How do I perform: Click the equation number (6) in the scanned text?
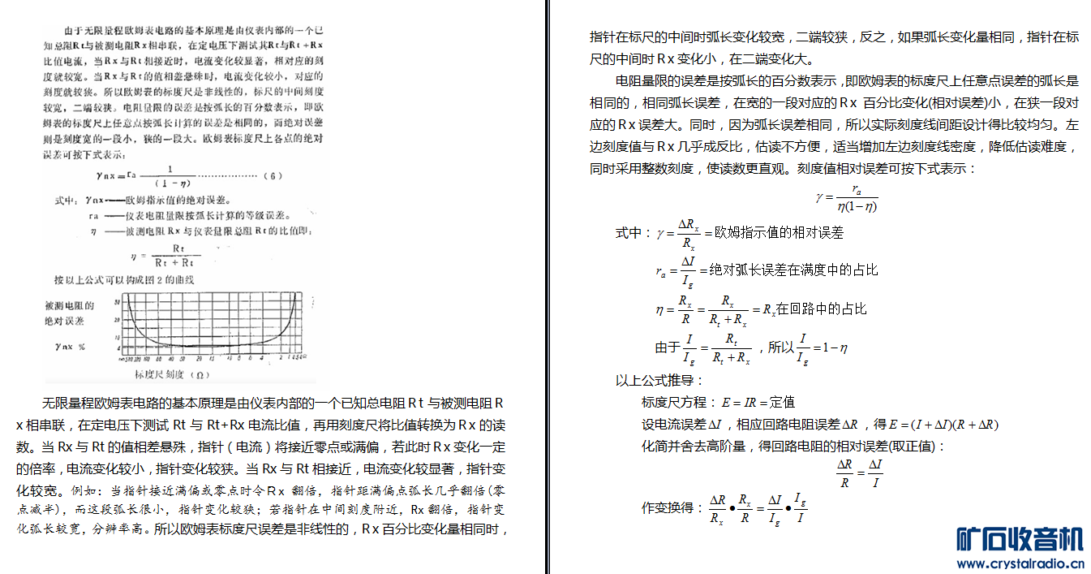(x=275, y=175)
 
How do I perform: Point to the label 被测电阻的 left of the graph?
(x=71, y=306)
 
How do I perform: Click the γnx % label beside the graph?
(x=71, y=346)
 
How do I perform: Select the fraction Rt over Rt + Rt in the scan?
(x=176, y=257)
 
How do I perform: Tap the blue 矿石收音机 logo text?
(x=1020, y=539)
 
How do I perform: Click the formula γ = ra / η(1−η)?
(x=847, y=197)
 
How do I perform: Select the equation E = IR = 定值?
(x=752, y=402)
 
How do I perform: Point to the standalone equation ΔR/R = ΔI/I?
(x=859, y=473)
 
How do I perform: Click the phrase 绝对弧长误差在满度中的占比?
(x=793, y=270)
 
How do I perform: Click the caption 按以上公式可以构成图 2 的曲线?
(x=125, y=280)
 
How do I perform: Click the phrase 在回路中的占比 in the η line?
(x=821, y=309)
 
